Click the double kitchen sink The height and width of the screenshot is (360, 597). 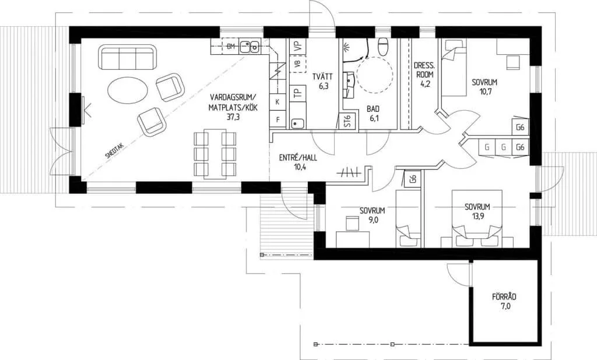(250, 46)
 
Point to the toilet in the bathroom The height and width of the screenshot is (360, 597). (382, 46)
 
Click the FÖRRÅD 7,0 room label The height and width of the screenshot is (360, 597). (504, 301)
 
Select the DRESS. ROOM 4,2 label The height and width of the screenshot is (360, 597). (424, 75)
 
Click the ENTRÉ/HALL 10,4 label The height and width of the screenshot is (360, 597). (298, 162)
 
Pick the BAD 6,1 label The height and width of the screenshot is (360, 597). (373, 114)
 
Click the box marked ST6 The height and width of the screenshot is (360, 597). (347, 121)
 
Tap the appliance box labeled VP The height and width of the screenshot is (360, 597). (298, 46)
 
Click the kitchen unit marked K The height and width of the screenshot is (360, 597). (278, 101)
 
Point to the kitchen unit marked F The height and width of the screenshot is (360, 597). (278, 119)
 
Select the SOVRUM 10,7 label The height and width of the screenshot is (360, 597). (484, 87)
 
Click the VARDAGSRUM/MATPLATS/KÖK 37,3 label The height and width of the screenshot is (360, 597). (233, 107)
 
